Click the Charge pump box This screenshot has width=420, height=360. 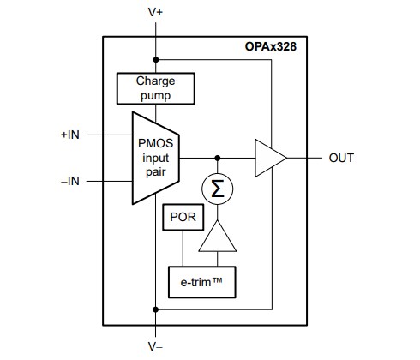click(154, 87)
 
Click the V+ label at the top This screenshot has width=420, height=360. click(155, 14)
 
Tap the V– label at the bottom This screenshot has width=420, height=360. click(155, 347)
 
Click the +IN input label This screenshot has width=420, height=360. click(70, 135)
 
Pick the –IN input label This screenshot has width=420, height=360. click(70, 181)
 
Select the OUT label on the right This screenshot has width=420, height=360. click(341, 159)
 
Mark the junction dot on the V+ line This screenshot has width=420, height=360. click(155, 60)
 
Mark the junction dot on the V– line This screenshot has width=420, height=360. click(155, 308)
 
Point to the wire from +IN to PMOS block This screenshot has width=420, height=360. click(108, 135)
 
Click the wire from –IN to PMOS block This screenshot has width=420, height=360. click(108, 181)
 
